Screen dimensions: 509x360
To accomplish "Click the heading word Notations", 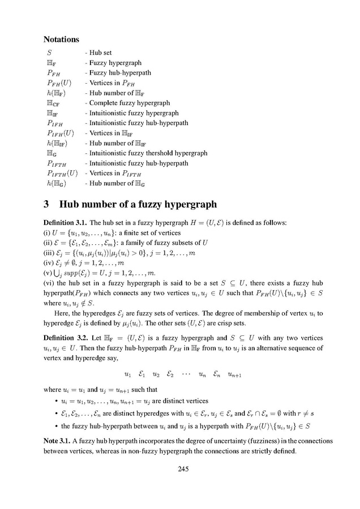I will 62,41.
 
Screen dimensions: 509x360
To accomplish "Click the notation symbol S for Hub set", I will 50,53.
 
